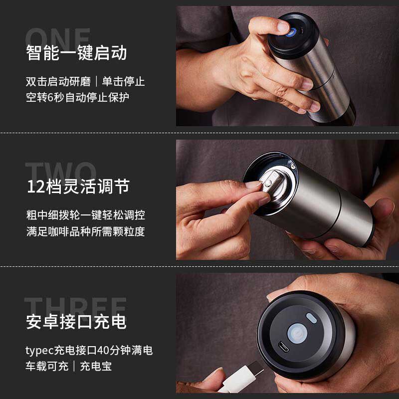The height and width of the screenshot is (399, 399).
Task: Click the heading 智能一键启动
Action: (76, 53)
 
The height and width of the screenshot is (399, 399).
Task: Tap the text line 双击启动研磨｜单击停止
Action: (85, 81)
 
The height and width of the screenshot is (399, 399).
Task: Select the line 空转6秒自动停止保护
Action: (77, 97)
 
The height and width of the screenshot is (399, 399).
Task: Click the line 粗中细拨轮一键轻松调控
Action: (85, 215)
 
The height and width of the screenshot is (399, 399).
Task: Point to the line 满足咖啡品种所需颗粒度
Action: (85, 231)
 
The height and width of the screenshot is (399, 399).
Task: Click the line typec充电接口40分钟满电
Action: (89, 350)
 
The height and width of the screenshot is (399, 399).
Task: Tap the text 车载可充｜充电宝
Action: (69, 366)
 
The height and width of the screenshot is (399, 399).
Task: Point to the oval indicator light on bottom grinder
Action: (311, 318)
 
